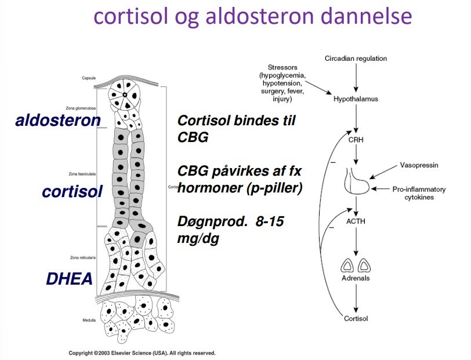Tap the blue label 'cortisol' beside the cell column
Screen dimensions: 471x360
point(72,191)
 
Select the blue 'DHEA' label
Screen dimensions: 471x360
point(69,279)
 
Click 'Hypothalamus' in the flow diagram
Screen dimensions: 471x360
point(356,99)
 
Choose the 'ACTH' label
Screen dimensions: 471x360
point(356,220)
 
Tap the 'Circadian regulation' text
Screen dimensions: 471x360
point(356,59)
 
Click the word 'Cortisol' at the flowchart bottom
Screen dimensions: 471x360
point(356,318)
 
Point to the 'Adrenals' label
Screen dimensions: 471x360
point(356,278)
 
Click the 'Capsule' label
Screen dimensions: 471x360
point(88,78)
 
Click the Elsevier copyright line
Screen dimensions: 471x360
point(142,352)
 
